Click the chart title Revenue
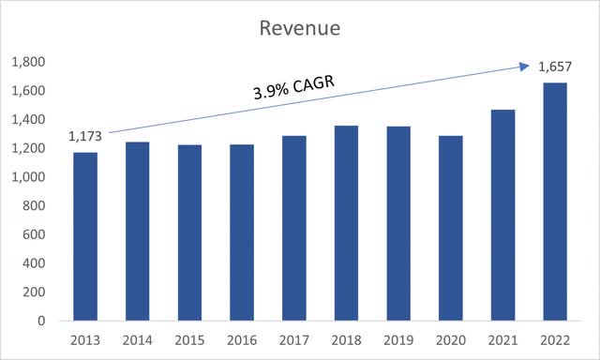point(300,28)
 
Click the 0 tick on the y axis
point(38,321)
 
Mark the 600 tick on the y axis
point(31,234)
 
